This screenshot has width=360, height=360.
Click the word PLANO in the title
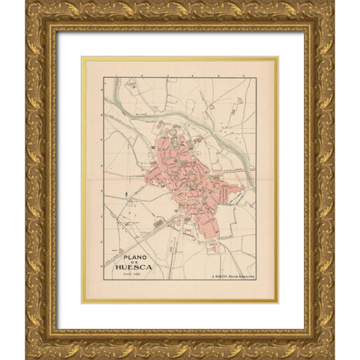point(129,254)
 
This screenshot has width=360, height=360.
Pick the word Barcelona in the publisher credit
point(244,276)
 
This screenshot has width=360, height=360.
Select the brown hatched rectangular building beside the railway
point(158,223)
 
